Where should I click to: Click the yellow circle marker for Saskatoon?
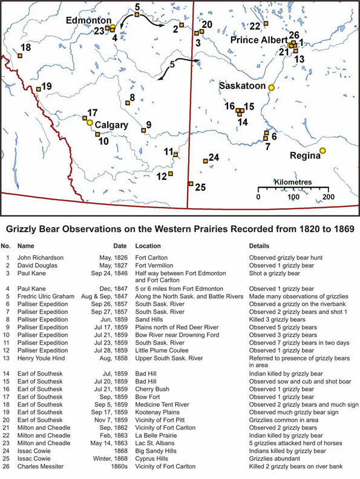tap(272, 88)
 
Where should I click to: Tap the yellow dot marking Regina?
tap(322, 151)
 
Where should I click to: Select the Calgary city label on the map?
tap(111, 125)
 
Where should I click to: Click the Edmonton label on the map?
tap(84, 19)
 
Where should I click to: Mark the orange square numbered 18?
tap(20, 56)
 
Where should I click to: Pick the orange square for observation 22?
tap(266, 24)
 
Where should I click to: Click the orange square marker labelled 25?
tap(191, 184)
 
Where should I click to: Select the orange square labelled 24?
tap(203, 160)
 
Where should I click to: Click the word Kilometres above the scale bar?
tap(293, 181)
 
